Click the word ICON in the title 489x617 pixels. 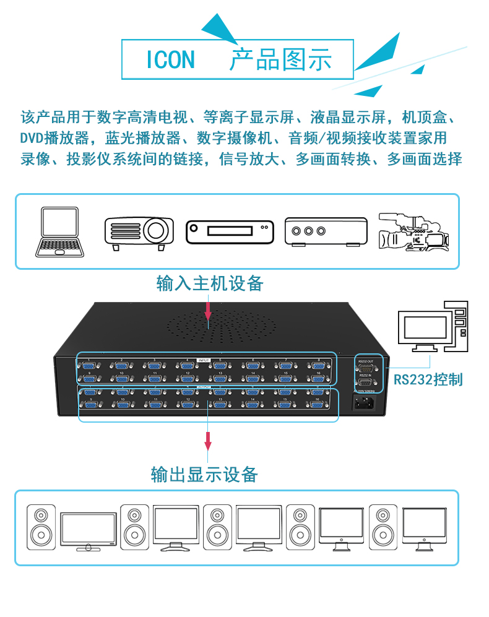click(170, 60)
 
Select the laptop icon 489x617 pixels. click(60, 231)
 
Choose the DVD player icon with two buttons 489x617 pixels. click(230, 232)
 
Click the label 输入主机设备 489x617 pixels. click(210, 283)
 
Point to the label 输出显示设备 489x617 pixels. click(204, 475)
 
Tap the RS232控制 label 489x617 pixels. click(428, 379)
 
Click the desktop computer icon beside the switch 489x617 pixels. click(433, 328)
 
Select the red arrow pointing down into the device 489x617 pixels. click(208, 309)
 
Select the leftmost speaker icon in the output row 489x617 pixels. click(41, 525)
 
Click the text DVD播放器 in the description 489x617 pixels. click(56, 137)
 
